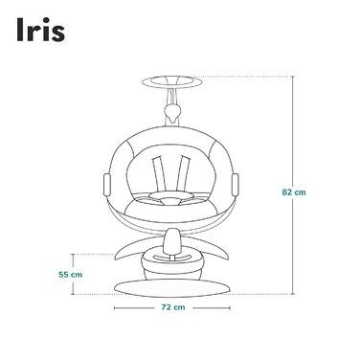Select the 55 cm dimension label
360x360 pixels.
68,274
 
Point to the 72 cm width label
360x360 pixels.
173,308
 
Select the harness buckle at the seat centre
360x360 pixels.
172,202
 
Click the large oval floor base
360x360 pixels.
172,288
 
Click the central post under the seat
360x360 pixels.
172,238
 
